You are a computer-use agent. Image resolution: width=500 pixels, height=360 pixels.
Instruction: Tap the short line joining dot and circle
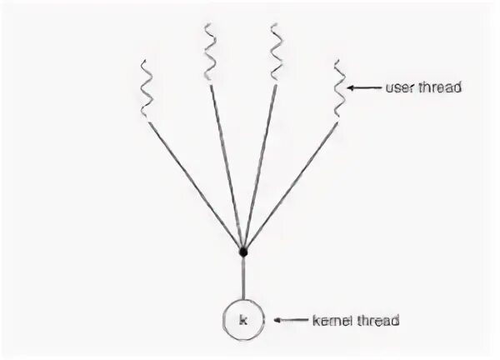click(243, 277)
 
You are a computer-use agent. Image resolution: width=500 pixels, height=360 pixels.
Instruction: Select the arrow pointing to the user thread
click(365, 87)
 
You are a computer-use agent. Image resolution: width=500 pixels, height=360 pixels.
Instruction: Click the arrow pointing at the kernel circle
click(292, 319)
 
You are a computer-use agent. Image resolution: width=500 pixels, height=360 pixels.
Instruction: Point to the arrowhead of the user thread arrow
click(352, 87)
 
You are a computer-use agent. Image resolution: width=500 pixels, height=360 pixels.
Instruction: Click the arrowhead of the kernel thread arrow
click(278, 319)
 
